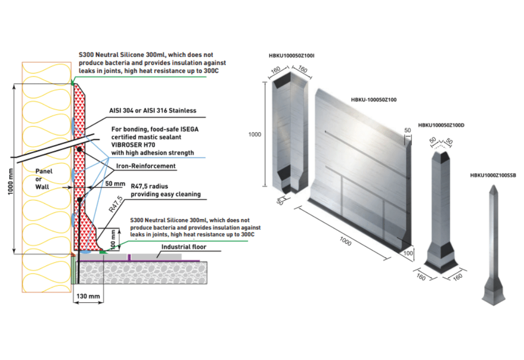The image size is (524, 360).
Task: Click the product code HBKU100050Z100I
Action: [x=291, y=56]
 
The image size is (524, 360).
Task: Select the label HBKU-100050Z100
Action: [x=373, y=99]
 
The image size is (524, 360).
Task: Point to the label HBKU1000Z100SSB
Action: [x=493, y=175]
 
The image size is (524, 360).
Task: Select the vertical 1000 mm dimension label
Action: [x=10, y=169]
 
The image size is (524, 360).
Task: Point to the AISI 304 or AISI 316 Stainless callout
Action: [x=152, y=111]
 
